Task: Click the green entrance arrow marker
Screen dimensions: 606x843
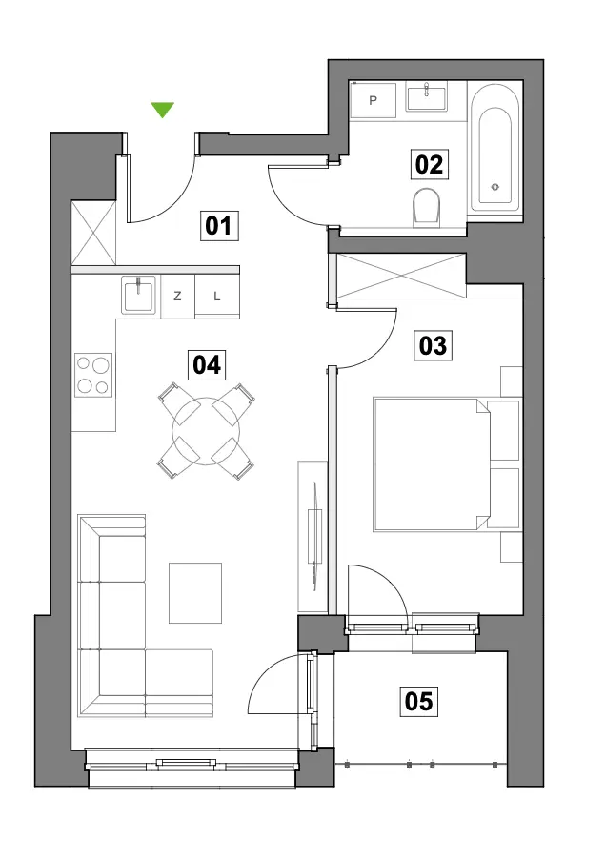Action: tap(162, 109)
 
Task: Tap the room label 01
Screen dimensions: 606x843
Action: tap(218, 226)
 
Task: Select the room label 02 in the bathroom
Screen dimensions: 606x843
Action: tap(429, 165)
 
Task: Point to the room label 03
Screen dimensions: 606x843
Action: tap(433, 345)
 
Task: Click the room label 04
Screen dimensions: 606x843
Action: tap(207, 365)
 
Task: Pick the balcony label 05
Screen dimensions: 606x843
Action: tap(418, 702)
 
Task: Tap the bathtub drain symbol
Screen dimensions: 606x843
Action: tap(495, 187)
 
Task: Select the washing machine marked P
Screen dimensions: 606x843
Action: tap(373, 100)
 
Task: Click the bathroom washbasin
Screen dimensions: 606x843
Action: tap(427, 97)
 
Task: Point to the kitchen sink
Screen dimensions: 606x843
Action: tap(139, 294)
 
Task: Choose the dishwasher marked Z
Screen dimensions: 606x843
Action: tap(177, 297)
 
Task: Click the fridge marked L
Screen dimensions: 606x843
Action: tap(217, 297)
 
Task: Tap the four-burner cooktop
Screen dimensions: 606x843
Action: tap(93, 375)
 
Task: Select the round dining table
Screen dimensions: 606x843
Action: tap(206, 431)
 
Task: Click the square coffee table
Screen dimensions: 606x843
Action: tap(195, 592)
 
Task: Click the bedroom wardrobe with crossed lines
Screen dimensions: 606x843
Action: tap(401, 276)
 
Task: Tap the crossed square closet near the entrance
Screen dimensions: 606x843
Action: tap(93, 233)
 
